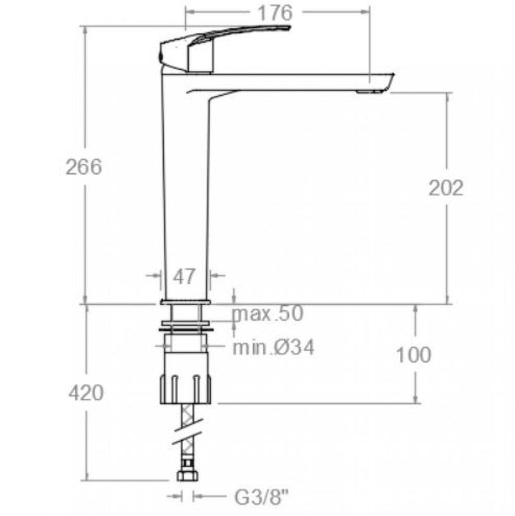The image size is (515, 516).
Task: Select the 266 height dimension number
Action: (83, 167)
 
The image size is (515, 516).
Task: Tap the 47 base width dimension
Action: (184, 276)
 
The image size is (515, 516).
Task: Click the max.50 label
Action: (268, 314)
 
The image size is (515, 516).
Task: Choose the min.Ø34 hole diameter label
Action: (274, 347)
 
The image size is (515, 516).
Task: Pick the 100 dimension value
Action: (413, 355)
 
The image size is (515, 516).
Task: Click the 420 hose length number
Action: (84, 393)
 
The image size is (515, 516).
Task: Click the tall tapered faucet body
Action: (186, 192)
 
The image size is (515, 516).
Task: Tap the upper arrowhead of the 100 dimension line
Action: (415, 310)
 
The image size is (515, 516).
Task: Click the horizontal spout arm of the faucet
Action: (295, 81)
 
